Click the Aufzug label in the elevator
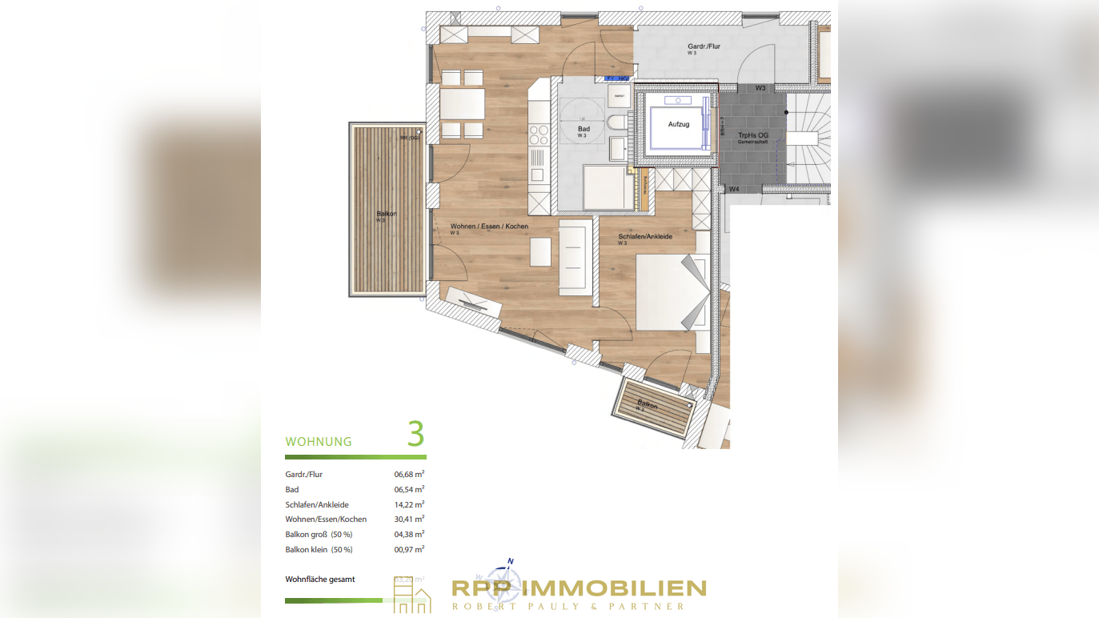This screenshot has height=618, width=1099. (679, 124)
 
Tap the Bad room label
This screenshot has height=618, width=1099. (584, 129)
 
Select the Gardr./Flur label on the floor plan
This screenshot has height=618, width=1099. (704, 46)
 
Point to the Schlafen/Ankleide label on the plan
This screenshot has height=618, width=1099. (644, 236)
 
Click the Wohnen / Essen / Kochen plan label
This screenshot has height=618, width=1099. (489, 227)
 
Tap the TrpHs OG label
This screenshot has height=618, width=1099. (752, 135)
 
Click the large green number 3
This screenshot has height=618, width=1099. (415, 434)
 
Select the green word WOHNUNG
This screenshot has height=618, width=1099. (319, 442)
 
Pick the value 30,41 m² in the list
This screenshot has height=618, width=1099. (409, 519)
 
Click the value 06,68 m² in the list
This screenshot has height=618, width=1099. (409, 474)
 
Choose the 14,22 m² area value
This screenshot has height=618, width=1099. (409, 504)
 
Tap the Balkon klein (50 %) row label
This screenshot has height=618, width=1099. (319, 549)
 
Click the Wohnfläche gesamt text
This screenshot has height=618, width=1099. (320, 579)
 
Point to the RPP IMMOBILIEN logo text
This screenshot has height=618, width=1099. (579, 589)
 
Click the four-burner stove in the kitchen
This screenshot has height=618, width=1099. (539, 135)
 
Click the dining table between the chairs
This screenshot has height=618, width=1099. (462, 103)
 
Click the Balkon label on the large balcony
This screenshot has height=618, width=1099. (387, 214)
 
